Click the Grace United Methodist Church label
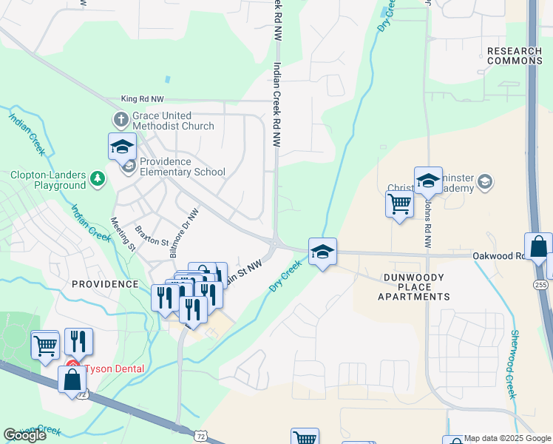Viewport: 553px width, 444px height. click(x=173, y=121)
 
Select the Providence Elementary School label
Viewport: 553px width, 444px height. click(x=182, y=167)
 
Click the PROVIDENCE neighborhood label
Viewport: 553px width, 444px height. click(x=105, y=284)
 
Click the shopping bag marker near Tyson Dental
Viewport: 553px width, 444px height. click(x=72, y=380)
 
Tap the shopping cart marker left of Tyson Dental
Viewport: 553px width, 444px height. click(x=45, y=344)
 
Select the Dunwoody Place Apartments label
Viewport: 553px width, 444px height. click(x=413, y=287)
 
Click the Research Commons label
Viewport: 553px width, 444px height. click(x=515, y=55)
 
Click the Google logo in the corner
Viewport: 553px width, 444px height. click(x=24, y=435)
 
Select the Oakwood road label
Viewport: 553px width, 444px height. click(x=499, y=256)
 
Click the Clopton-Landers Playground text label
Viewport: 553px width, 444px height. click(x=48, y=181)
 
